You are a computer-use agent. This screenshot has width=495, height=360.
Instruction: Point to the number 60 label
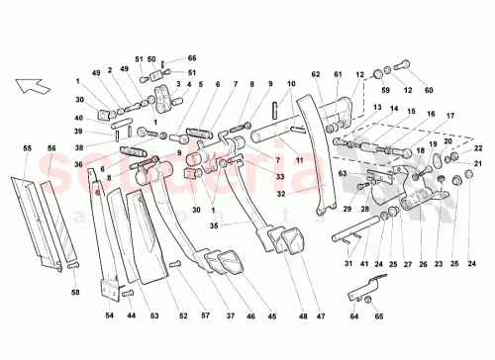(x=429, y=91)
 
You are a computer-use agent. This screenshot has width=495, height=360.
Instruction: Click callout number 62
(x=318, y=73)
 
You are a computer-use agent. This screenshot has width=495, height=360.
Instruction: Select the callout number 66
(x=165, y=58)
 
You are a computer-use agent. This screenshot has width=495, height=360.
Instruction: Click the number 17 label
(x=451, y=114)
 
